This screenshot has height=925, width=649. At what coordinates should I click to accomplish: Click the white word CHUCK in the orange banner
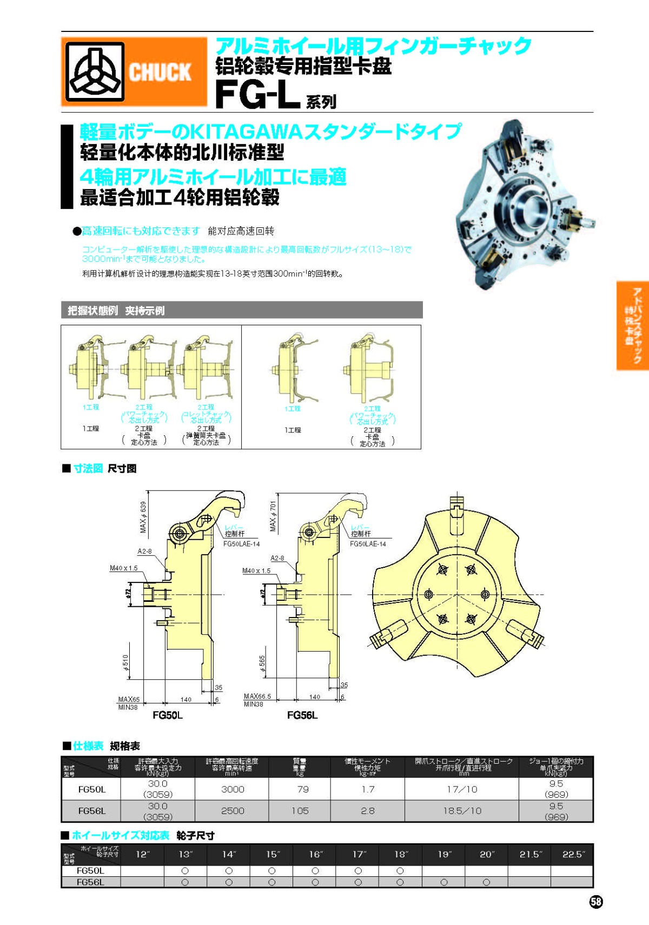(x=160, y=72)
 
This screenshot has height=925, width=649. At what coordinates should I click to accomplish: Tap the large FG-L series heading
(x=258, y=95)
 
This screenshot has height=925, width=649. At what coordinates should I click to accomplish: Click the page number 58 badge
(x=595, y=901)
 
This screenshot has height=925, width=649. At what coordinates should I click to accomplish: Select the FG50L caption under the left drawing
(x=167, y=715)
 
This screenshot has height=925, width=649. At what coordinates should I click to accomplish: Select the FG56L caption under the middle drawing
(x=302, y=715)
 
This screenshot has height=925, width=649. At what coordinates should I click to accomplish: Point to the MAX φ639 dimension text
(x=143, y=517)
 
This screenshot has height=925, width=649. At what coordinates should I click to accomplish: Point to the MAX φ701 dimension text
(x=273, y=515)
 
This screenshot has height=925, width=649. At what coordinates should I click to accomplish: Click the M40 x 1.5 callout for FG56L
(x=256, y=570)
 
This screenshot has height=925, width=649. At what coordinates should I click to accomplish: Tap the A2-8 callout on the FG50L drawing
(x=144, y=551)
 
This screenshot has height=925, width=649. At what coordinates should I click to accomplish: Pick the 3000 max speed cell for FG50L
(x=233, y=789)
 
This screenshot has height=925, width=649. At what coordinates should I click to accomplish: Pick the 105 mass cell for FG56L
(x=300, y=811)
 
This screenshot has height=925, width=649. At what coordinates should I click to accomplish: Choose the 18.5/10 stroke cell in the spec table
(x=461, y=811)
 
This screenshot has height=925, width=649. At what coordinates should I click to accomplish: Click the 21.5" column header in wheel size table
(x=529, y=854)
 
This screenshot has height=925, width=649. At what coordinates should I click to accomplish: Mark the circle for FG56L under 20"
(x=486, y=882)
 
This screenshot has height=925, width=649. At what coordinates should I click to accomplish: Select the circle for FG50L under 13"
(x=185, y=871)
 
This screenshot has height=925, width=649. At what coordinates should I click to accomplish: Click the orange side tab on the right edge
(x=632, y=325)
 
